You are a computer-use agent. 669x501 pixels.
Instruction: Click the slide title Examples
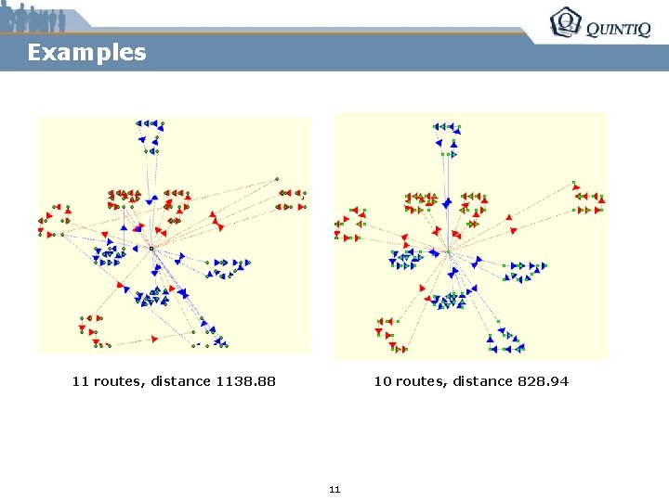(x=86, y=52)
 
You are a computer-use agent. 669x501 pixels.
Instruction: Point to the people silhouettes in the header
(x=34, y=18)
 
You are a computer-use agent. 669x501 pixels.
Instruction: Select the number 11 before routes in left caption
(x=81, y=381)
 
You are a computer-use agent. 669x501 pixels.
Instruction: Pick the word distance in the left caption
(x=180, y=381)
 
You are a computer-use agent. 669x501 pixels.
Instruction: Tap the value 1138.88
(x=245, y=381)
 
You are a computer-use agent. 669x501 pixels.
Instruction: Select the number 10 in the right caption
(x=382, y=381)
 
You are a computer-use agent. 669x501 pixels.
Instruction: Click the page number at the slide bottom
(x=334, y=489)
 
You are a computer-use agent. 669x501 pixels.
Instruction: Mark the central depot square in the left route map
(x=151, y=249)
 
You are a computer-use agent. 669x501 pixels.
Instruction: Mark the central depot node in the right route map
(x=447, y=250)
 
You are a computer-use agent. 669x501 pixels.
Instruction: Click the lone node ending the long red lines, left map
(x=276, y=178)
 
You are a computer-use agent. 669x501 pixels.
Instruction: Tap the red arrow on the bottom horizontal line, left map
(x=153, y=340)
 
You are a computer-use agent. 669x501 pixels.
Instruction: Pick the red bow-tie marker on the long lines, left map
(x=218, y=224)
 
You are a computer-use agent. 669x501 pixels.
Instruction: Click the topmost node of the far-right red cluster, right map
(x=574, y=182)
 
